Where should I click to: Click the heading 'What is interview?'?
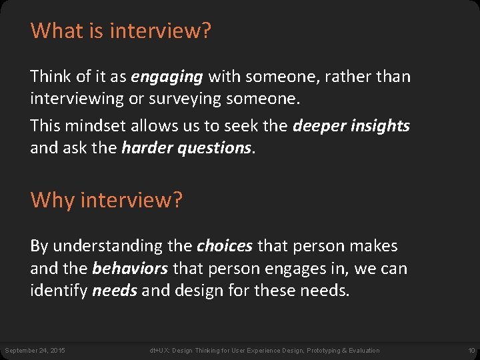pyautogui.click(x=121, y=31)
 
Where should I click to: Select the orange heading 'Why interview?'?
pyautogui.click(x=106, y=199)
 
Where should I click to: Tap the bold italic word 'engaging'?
pyautogui.click(x=167, y=77)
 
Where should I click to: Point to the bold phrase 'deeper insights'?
pyautogui.click(x=351, y=126)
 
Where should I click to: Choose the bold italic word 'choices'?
pyautogui.click(x=225, y=246)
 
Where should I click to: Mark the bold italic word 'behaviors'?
pyautogui.click(x=131, y=269)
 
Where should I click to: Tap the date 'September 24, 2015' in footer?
pyautogui.click(x=35, y=351)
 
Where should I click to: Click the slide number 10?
pyautogui.click(x=471, y=351)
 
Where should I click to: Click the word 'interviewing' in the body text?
pyautogui.click(x=80, y=99)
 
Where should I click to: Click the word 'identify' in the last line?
pyautogui.click(x=59, y=291)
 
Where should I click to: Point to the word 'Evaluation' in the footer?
pyautogui.click(x=365, y=351)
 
